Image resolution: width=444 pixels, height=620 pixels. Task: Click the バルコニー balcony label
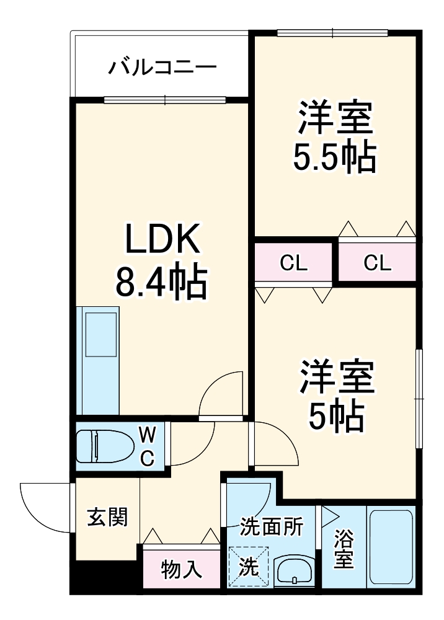(162, 67)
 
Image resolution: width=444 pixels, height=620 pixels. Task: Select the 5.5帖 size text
(335, 159)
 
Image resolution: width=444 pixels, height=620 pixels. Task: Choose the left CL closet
(294, 263)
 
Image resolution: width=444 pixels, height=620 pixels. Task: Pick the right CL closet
(377, 263)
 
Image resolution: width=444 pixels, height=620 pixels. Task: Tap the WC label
(148, 445)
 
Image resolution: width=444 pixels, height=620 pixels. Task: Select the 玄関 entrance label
(107, 516)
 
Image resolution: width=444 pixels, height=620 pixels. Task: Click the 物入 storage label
(181, 569)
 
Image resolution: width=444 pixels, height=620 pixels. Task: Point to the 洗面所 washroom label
(272, 527)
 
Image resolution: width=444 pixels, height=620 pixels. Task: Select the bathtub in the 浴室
(391, 546)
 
